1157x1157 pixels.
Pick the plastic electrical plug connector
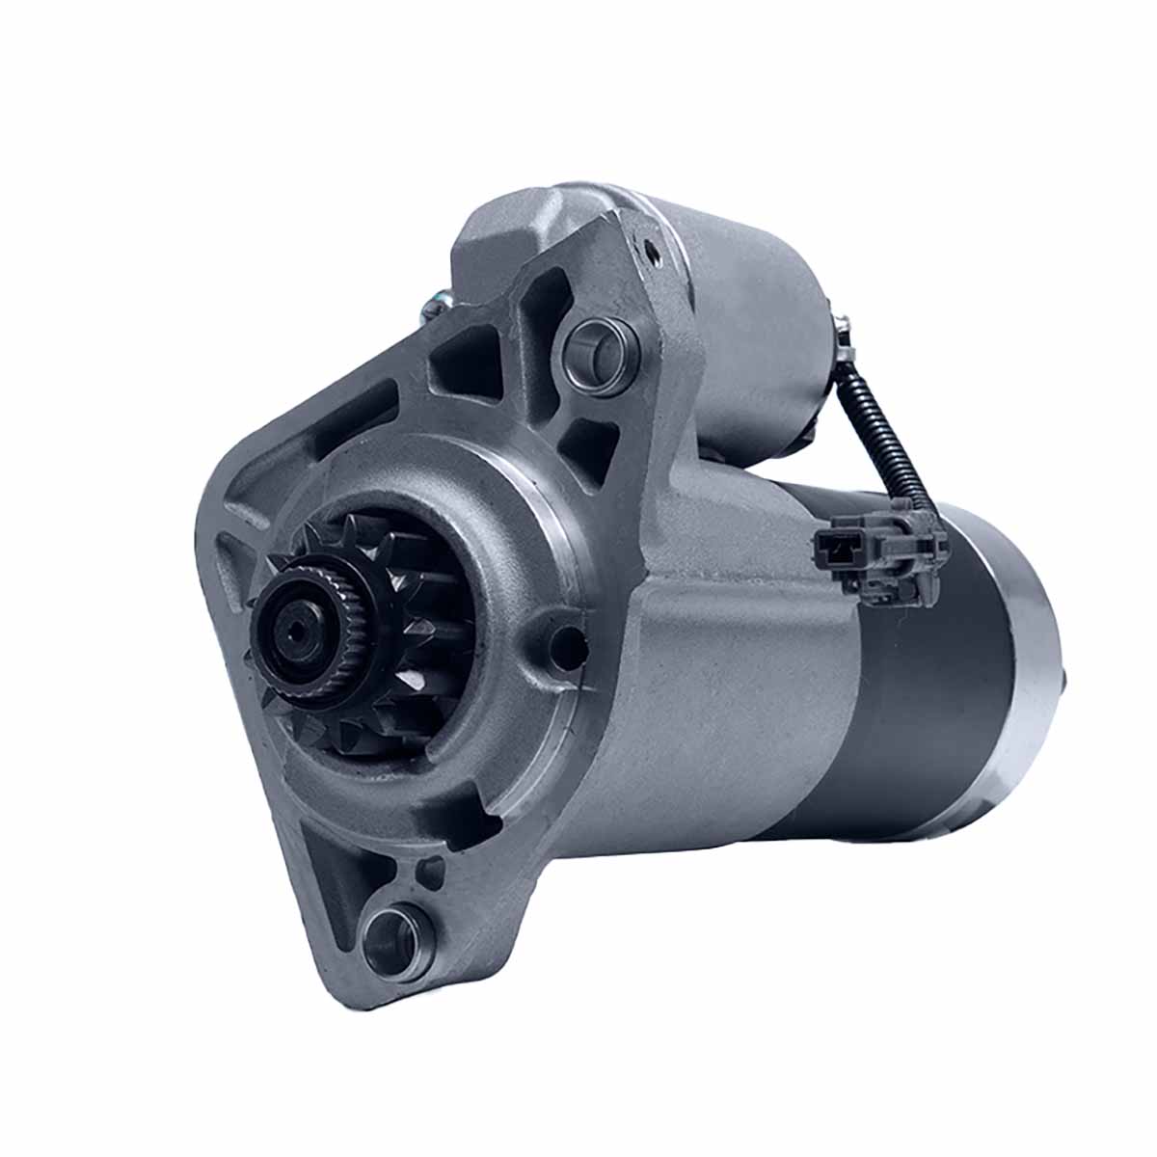point(873,554)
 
